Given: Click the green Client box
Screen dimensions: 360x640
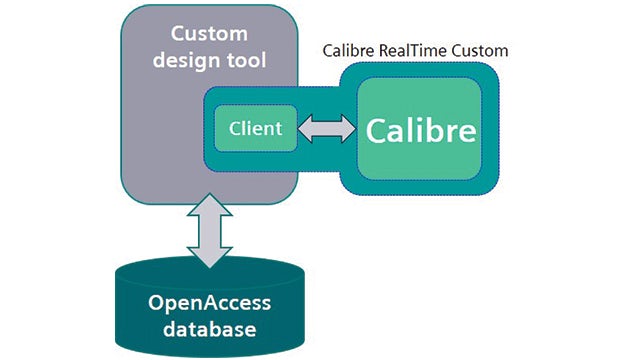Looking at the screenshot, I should point(256,128).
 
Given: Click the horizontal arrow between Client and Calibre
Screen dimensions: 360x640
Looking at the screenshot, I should point(327,128).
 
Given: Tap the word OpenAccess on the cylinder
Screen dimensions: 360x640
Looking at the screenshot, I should point(210,303).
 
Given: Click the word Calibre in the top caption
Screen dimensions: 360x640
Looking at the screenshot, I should point(350,50).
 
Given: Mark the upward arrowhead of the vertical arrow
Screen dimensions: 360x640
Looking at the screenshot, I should point(210,208).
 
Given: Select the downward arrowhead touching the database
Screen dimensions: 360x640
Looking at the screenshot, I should point(210,259).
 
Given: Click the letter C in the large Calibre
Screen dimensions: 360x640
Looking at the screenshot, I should point(377,131).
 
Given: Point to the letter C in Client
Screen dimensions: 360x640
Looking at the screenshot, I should point(235,128).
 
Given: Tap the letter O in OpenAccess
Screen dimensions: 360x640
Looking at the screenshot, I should point(156,303).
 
